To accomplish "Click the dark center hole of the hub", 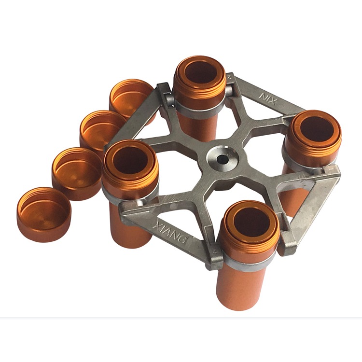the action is [222, 159].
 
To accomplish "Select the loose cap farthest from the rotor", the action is [44, 214].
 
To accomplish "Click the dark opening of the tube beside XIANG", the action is [131, 160].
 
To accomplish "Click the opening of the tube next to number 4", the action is [251, 221].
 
